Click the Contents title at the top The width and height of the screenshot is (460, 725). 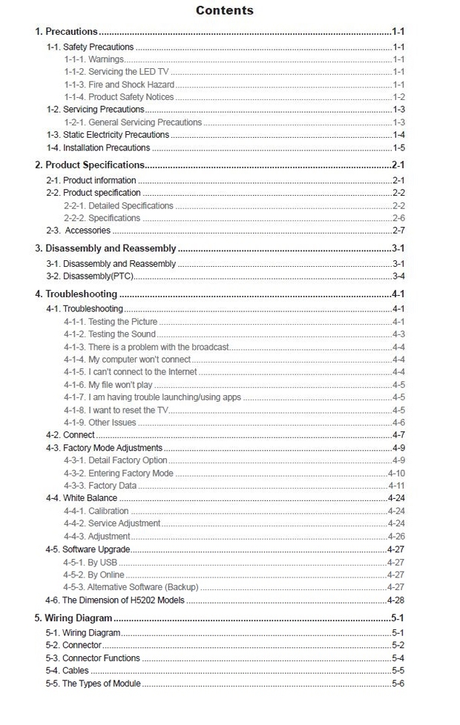pos(224,10)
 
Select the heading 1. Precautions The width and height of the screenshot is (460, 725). pos(66,32)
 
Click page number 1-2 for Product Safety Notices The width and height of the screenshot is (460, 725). pos(398,97)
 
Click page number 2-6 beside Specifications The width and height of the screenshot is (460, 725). pos(398,218)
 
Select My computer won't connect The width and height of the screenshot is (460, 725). pos(127,360)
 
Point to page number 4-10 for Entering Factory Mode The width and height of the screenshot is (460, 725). pos(396,473)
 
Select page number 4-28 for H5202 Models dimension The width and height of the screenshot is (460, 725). pos(395,600)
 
